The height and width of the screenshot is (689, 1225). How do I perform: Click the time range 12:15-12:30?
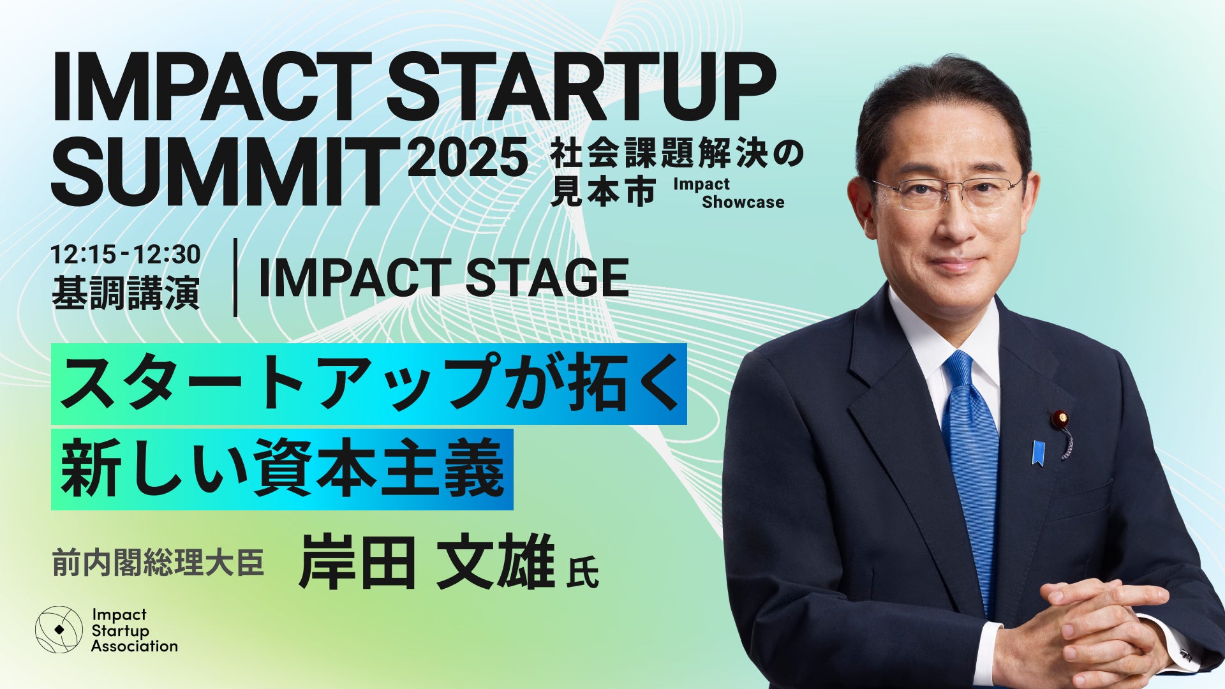click(x=126, y=255)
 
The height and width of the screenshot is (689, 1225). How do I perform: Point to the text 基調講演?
click(x=126, y=292)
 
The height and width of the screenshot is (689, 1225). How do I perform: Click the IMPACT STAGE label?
click(x=444, y=278)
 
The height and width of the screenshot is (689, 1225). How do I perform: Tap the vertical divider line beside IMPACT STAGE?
click(x=235, y=278)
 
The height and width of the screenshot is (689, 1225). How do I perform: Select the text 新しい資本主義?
click(x=282, y=469)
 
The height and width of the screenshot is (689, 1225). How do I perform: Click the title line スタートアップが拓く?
click(x=369, y=383)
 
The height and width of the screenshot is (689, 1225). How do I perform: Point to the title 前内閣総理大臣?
click(x=158, y=563)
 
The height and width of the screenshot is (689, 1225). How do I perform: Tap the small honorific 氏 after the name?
click(x=582, y=572)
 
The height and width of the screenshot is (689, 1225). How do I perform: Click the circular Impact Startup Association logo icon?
click(x=59, y=629)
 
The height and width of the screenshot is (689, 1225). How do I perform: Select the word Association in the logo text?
click(x=134, y=646)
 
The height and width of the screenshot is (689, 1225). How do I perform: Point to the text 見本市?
click(x=602, y=191)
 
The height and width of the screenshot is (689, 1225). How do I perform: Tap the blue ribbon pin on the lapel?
click(x=1038, y=452)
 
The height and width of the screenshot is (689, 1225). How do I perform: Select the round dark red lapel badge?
click(x=1060, y=419)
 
